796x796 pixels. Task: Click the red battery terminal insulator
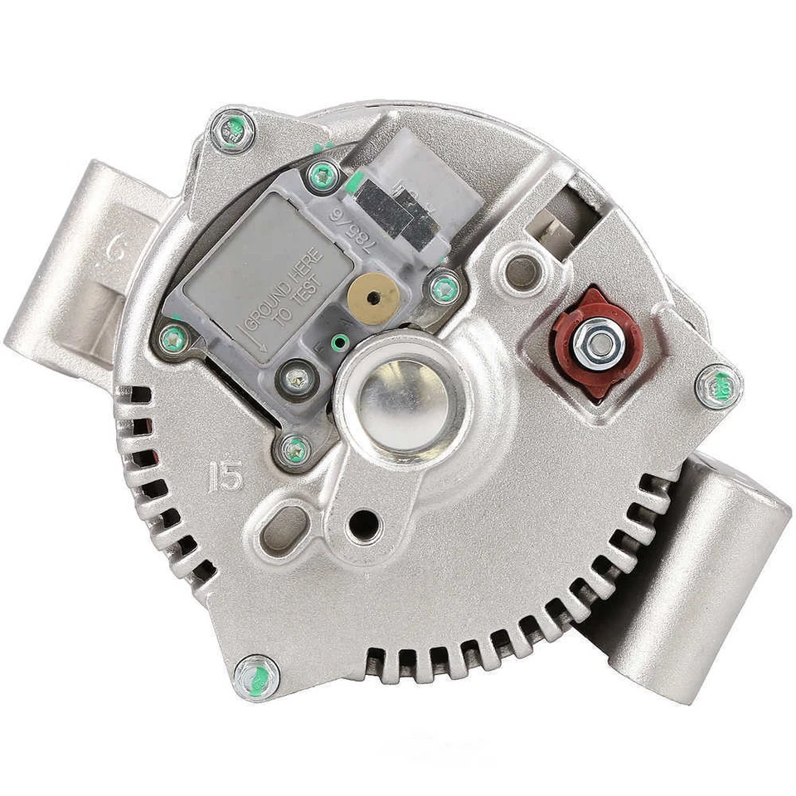tap(598, 342)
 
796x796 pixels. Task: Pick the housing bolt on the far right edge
tap(718, 386)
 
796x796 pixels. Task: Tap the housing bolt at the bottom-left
tap(256, 677)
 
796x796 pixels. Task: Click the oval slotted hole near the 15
tap(284, 531)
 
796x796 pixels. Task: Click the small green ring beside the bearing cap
tap(338, 342)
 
